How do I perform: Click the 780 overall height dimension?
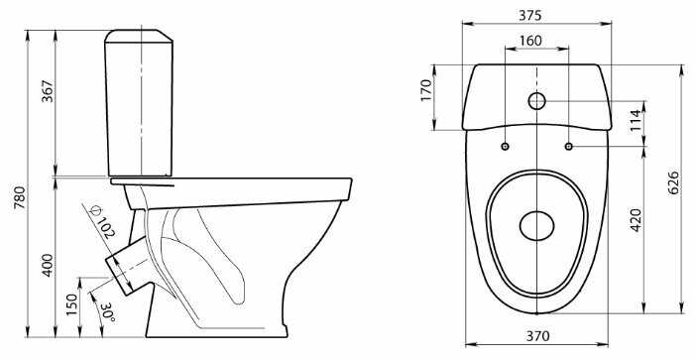pos(21,197)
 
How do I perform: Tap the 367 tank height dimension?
pos(48,91)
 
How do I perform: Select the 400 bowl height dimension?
pos(48,265)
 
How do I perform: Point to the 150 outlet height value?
pos(72,304)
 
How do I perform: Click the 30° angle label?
pos(108,312)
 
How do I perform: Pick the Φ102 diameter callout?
pos(101,222)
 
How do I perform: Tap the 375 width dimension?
pos(530,16)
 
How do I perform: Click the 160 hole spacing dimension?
pos(530,41)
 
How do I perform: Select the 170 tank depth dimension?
pos(426,90)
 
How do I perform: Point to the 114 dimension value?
pos(637,120)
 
